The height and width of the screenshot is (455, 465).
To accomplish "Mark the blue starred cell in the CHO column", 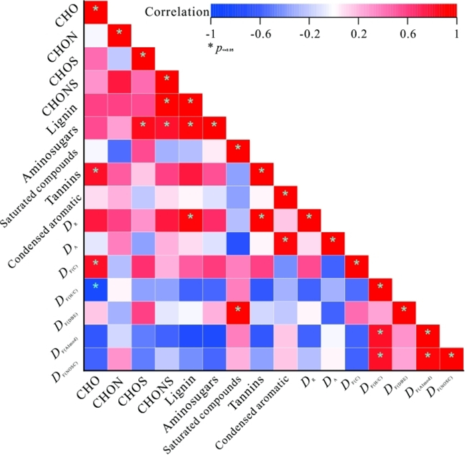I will point(96,286).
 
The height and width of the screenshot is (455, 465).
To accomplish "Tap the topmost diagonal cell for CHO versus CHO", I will point(96,9).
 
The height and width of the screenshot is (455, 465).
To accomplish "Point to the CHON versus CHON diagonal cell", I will point(120,33).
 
